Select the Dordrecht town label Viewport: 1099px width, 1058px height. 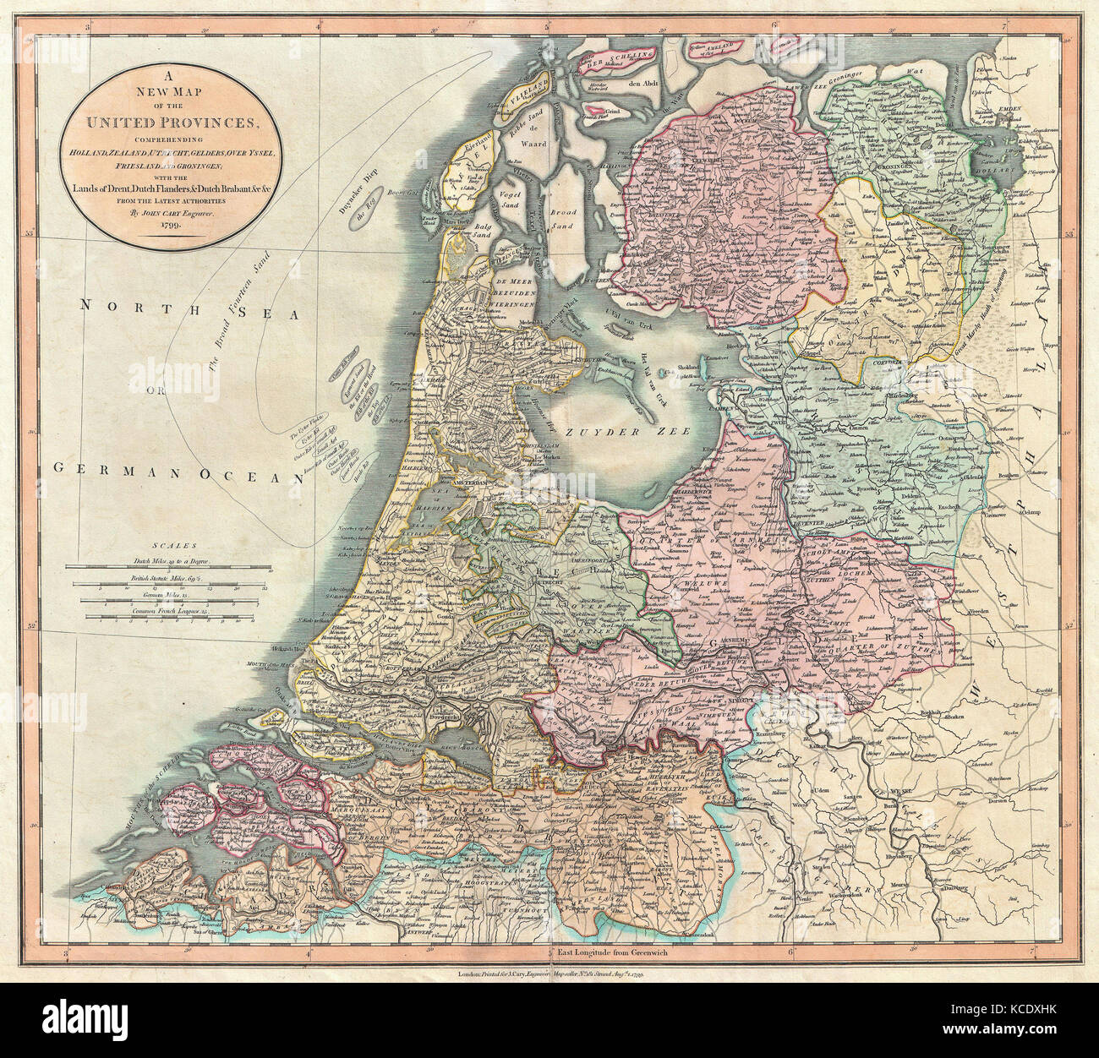(x=463, y=714)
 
